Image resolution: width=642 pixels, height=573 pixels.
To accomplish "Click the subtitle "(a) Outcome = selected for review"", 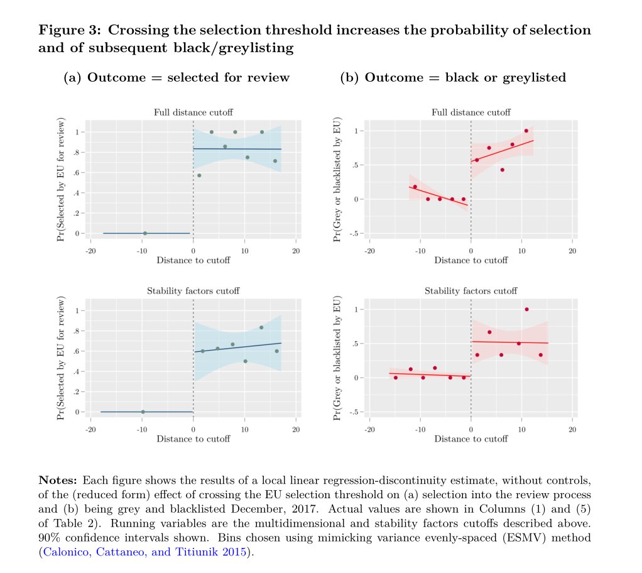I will (x=177, y=78).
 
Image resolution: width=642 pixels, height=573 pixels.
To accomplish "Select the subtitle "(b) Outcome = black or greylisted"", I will (x=453, y=78).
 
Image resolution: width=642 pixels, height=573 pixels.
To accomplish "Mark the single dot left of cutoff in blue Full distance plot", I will (x=144, y=233).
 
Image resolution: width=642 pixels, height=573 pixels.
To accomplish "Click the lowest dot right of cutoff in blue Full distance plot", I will (x=199, y=175).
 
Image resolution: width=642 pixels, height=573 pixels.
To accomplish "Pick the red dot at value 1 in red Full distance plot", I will (x=526, y=131).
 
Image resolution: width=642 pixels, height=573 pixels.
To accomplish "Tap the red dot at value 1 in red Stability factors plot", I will (x=526, y=309).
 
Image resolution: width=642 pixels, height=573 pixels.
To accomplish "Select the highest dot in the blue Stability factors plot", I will (x=261, y=327).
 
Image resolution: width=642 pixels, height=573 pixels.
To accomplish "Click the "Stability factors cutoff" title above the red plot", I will (x=471, y=291).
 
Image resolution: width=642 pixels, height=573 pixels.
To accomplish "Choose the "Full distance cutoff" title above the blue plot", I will (x=193, y=112).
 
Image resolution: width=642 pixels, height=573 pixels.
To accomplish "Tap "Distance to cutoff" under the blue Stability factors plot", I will (x=193, y=439).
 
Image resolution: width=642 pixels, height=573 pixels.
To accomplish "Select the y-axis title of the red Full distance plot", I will (x=338, y=179).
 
